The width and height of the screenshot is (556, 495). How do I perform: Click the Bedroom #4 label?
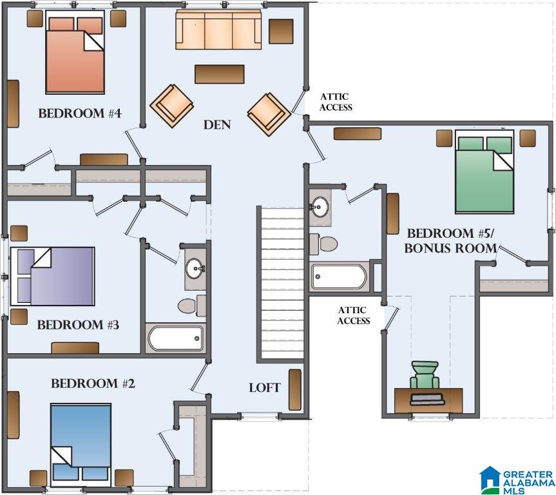coord(80,113)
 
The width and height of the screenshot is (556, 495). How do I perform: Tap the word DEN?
coord(217,124)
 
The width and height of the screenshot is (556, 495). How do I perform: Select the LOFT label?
coord(265,388)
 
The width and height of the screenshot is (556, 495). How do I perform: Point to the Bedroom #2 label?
coord(93,383)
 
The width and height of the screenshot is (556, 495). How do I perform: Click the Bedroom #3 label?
coord(78,325)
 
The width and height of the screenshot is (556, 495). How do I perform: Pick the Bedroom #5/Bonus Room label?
coord(450,241)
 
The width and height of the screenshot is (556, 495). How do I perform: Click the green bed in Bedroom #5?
coord(484,172)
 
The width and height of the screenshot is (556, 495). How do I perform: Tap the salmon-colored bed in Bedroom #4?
coord(75,52)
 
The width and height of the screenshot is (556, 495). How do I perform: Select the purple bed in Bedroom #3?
coord(52,277)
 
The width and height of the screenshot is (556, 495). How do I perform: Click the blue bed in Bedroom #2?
coord(81,445)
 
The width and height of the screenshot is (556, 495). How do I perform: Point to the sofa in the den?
coord(218,30)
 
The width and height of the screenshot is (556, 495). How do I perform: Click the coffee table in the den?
coord(220,74)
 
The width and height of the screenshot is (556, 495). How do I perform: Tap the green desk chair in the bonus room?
coord(425,375)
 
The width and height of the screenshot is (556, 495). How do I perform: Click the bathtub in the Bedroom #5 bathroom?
coord(339,277)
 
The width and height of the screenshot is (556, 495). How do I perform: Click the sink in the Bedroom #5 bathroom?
coord(320,207)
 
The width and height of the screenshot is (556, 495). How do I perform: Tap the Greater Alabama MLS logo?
coord(517,481)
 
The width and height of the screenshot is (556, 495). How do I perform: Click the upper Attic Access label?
coord(336,102)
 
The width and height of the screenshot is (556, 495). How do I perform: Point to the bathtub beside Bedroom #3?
coord(175,338)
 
